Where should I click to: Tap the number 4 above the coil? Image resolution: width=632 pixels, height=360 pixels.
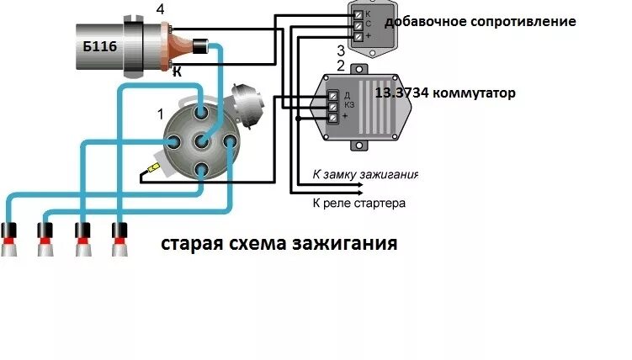click(x=161, y=10)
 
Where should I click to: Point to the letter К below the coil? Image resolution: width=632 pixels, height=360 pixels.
click(x=177, y=73)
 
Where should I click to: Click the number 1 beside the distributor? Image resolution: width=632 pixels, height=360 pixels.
click(x=161, y=112)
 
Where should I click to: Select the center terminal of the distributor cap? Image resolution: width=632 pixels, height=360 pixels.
click(x=201, y=141)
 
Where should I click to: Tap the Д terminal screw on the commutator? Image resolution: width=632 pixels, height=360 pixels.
click(x=332, y=94)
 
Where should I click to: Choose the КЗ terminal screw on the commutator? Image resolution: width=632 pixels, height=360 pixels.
click(x=332, y=106)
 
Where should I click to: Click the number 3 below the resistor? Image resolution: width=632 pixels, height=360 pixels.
click(x=340, y=50)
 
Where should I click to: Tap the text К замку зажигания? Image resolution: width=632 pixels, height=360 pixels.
click(x=364, y=175)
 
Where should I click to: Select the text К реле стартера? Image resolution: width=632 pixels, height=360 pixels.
click(x=358, y=203)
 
